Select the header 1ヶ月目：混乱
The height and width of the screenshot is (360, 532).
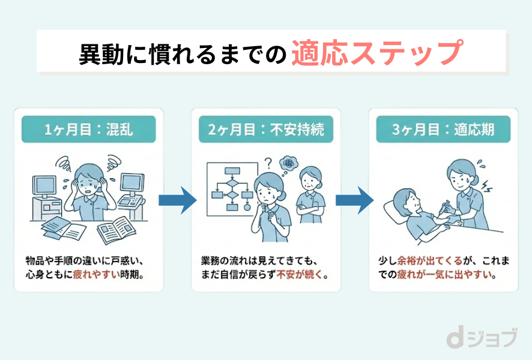[88, 129]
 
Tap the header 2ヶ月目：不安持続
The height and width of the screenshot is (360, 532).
[265, 129]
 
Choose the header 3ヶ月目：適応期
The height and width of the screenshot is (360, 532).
[443, 129]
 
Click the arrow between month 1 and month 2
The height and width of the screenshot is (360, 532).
[177, 200]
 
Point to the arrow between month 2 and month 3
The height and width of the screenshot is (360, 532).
[354, 200]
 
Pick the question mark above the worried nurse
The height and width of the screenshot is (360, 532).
[268, 162]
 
